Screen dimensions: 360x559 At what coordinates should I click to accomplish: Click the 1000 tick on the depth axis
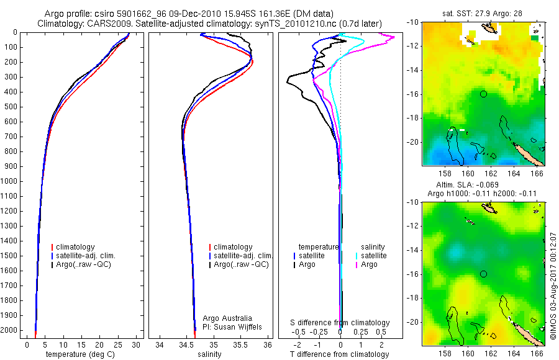pos(10,181)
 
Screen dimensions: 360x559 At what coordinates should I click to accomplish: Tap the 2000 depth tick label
pos(10,330)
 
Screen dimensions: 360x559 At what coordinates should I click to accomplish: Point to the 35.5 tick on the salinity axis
pos(240,344)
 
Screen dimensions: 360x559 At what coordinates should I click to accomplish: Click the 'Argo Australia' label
pos(228,318)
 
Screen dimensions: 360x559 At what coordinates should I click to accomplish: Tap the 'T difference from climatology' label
pos(340,354)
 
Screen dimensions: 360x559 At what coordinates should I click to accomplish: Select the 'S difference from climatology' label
pos(340,323)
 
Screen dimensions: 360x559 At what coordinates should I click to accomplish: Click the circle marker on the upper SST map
pos(483,94)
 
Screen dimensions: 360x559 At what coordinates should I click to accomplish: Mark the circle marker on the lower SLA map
pos(483,274)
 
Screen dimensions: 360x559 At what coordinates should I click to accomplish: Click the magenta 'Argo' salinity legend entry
pos(370,264)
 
